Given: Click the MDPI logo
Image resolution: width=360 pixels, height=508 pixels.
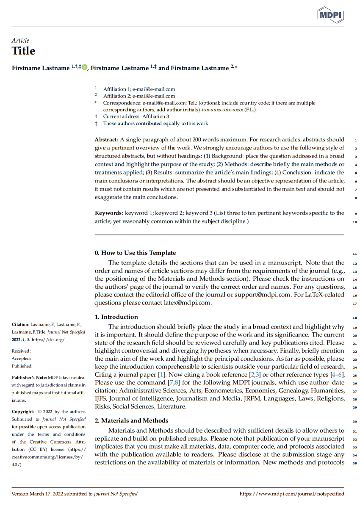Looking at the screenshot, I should (x=330, y=15).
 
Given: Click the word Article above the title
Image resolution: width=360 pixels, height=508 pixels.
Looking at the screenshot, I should (x=20, y=41).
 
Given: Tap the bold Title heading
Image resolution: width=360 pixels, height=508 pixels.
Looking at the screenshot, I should (x=23, y=51).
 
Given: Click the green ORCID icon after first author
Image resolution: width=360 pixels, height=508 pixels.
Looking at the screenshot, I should (x=84, y=67).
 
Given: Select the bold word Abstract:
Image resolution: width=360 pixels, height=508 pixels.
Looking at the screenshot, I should (x=106, y=140).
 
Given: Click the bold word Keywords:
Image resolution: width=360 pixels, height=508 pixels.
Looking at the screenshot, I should (x=109, y=213).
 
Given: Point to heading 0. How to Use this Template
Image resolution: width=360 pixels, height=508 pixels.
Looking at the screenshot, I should (x=135, y=253).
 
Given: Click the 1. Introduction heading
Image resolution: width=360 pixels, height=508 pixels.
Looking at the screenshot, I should (x=116, y=317).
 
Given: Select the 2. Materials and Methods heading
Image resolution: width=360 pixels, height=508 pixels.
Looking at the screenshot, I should (x=131, y=420).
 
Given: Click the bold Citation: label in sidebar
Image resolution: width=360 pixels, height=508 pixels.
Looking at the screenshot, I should (x=20, y=325).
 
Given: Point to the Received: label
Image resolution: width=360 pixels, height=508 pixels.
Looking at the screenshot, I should (x=21, y=351).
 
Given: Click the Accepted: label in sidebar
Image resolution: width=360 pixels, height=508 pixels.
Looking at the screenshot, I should (x=21, y=359).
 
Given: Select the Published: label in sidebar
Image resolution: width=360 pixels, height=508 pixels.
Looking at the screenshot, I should (x=22, y=366).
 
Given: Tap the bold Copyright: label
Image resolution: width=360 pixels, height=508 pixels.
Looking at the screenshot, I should (x=22, y=411).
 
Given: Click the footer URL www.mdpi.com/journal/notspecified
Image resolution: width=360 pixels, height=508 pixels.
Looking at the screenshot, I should (x=292, y=494).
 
